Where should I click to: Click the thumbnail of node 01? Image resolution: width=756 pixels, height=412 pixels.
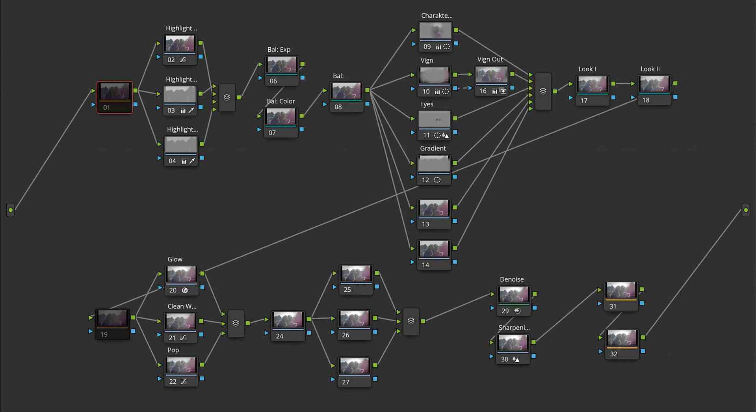click(115, 91)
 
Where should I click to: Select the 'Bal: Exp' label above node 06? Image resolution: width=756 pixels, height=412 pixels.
click(279, 50)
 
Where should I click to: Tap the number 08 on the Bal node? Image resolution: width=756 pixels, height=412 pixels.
click(338, 107)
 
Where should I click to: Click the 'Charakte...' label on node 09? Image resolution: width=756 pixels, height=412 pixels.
click(437, 16)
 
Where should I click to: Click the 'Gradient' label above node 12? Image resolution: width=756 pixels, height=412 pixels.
click(433, 149)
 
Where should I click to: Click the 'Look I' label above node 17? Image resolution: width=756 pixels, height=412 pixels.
click(587, 69)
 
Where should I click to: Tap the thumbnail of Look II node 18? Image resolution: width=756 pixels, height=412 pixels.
click(655, 84)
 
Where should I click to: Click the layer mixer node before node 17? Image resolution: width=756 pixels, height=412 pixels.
click(543, 91)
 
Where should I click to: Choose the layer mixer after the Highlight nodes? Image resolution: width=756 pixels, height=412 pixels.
click(227, 97)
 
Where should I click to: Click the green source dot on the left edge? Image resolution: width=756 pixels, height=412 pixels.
click(11, 210)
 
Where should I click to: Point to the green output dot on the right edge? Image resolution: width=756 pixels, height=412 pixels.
click(746, 210)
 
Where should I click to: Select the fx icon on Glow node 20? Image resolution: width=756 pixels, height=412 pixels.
click(185, 291)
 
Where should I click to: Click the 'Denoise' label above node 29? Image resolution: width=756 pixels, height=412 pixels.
click(512, 280)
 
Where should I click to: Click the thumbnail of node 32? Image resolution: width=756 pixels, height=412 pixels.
click(622, 338)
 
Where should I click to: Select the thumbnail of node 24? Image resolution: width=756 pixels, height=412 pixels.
click(288, 320)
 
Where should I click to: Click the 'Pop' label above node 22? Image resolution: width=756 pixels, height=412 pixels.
click(173, 350)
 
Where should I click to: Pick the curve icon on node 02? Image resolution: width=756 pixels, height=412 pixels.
click(183, 60)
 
